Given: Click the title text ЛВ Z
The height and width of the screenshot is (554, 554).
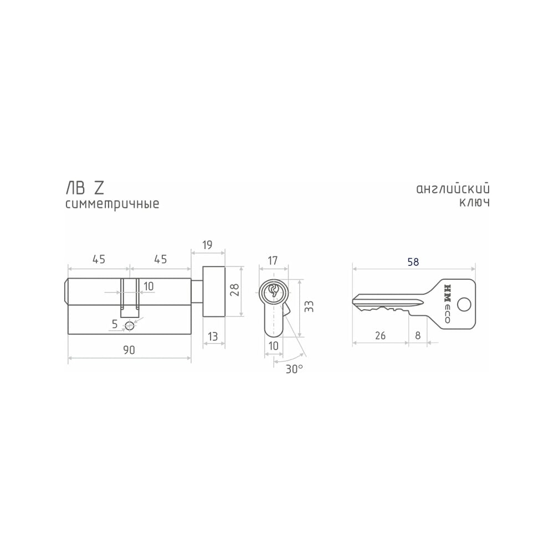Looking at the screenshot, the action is [85, 188].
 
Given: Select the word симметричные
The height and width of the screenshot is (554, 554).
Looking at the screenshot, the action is [112, 204].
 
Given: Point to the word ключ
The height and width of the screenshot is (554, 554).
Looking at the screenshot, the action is [475, 202].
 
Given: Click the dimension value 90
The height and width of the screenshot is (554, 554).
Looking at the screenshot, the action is [129, 350].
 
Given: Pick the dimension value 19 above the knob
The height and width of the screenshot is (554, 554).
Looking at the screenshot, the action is [207, 245].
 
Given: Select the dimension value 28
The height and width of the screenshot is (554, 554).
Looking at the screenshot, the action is [234, 290].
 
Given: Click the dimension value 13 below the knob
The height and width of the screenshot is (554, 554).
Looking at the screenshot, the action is [213, 336].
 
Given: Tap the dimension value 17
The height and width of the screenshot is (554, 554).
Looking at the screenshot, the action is [273, 261].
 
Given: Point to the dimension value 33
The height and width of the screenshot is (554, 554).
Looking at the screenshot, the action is [309, 306].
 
